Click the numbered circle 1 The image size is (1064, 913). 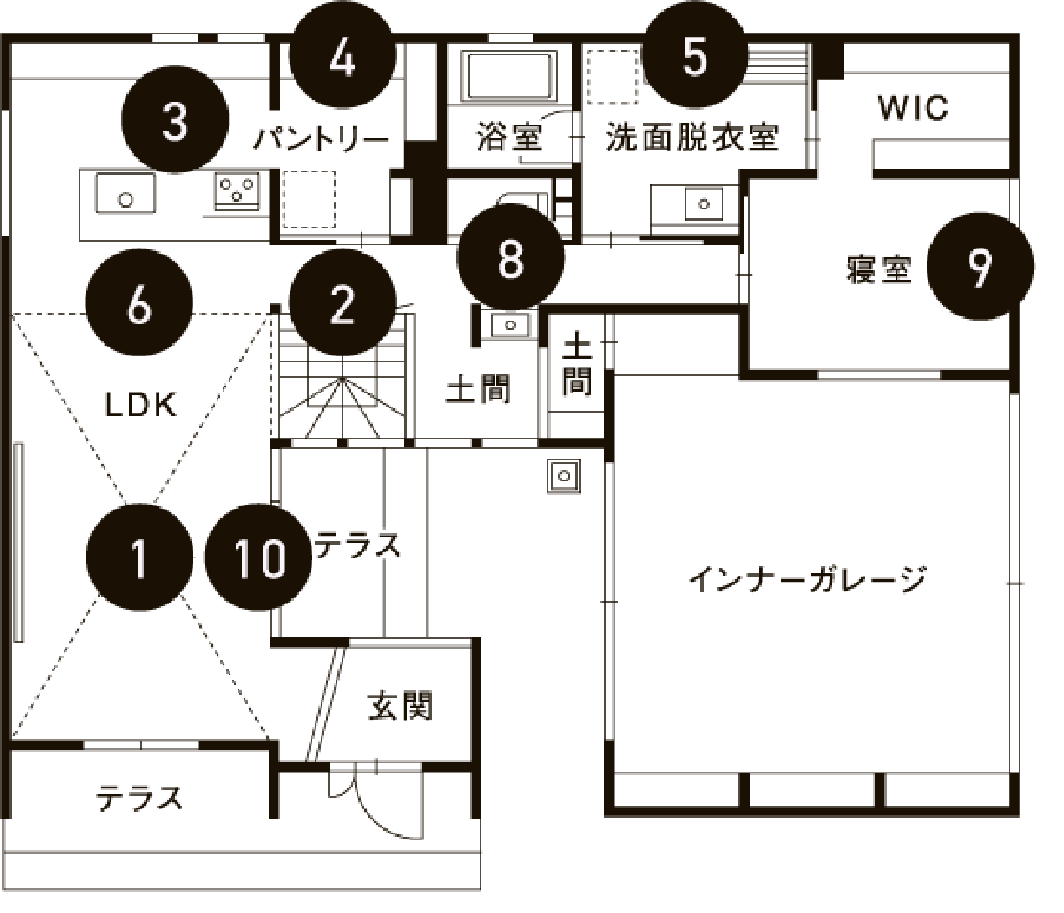click(140, 557)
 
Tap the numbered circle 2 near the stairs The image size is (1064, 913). click(342, 303)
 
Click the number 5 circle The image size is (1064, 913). click(694, 57)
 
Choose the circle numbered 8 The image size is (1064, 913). click(511, 259)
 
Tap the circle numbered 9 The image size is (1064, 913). click(979, 267)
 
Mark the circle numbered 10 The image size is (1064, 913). click(260, 557)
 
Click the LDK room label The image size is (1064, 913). click(141, 405)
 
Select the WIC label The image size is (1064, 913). click(913, 108)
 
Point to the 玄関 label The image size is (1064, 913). click(400, 706)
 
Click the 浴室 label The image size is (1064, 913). click(509, 137)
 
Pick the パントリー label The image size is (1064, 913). click(321, 138)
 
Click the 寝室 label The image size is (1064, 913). click(878, 269)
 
